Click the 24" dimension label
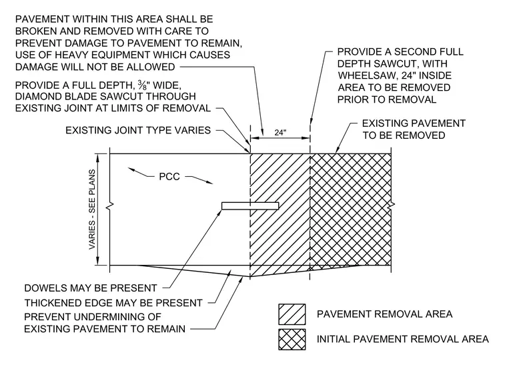280,133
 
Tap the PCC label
169,177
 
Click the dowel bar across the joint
250,206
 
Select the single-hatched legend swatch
292,314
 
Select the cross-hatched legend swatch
292,340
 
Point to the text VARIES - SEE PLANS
92,209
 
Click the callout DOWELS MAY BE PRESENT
91,288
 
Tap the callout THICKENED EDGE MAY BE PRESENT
113,303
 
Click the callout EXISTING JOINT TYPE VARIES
138,130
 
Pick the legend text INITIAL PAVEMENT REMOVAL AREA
402,339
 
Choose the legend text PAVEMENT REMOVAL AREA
384,314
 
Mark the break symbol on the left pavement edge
111,205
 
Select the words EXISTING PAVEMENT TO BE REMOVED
414,129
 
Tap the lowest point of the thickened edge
250,277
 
